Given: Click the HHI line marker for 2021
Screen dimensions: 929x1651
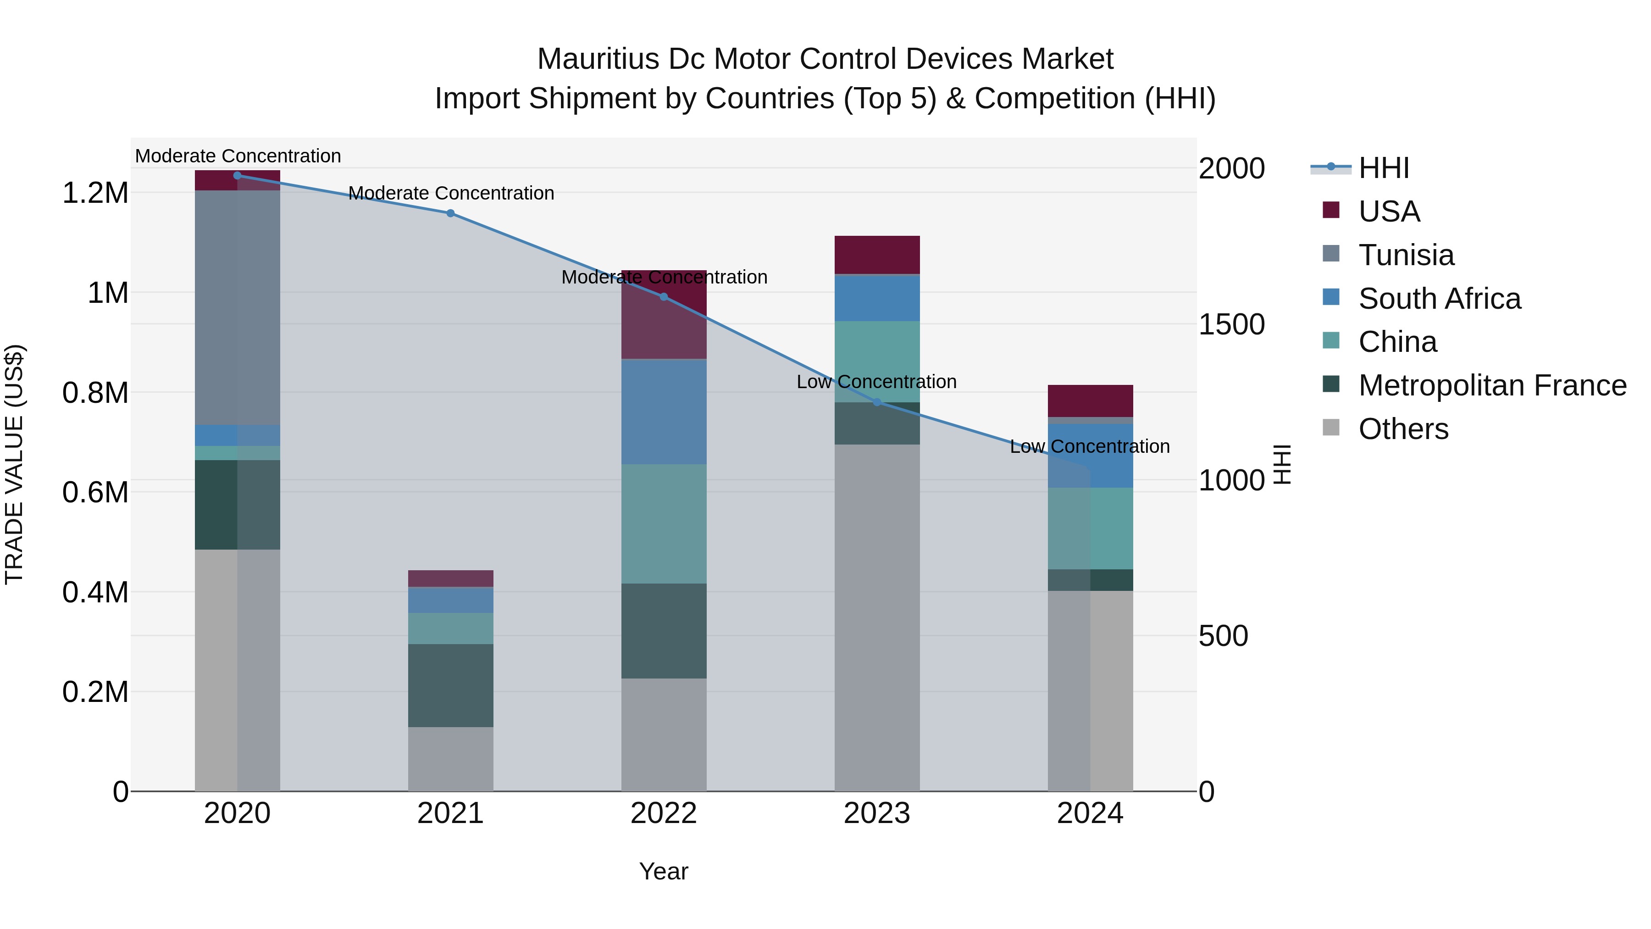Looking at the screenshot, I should click(x=450, y=213).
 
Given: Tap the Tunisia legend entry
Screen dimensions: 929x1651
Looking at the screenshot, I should click(x=1406, y=255).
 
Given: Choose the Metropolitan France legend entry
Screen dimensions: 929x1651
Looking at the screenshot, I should click(x=1491, y=385).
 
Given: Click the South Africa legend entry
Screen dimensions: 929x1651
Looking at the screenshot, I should click(x=1439, y=299).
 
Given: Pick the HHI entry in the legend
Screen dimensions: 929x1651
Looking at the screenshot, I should click(x=1383, y=168).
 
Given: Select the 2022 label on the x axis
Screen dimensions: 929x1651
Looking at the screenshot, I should click(x=663, y=813).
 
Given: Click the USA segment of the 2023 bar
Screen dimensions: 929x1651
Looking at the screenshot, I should click(x=877, y=255).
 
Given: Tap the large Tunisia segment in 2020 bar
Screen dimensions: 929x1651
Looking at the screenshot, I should click(x=237, y=308).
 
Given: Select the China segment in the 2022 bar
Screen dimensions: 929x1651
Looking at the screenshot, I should click(x=663, y=524).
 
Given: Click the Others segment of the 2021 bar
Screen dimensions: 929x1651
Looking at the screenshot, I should click(x=450, y=759).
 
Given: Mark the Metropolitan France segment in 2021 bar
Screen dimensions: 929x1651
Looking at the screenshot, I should click(x=450, y=685).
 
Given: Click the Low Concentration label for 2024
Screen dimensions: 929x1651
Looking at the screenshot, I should click(x=1090, y=446).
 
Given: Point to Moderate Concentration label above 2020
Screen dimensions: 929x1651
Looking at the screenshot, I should click(x=238, y=156).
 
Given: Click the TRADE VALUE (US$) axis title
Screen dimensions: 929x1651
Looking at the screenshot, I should click(x=14, y=464).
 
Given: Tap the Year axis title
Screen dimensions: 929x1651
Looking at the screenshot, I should click(x=663, y=871).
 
